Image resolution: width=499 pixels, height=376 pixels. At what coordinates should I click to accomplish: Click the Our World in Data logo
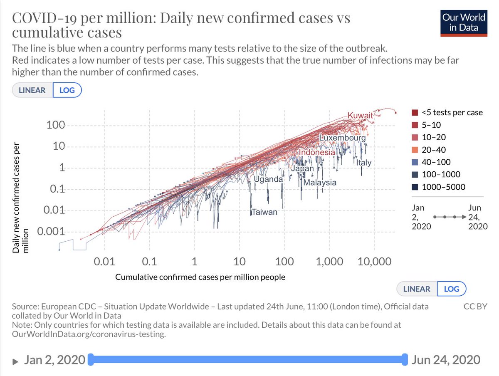click(x=463, y=22)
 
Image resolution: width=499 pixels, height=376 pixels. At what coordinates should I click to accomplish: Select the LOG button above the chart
click(x=67, y=90)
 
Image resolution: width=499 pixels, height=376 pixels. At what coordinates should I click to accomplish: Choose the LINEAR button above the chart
click(x=32, y=90)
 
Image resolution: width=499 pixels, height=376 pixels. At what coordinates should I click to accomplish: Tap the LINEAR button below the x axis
click(x=417, y=289)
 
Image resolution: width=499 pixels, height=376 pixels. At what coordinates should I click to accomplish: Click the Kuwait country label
click(x=360, y=115)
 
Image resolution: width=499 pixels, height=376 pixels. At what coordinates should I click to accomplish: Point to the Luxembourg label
click(x=342, y=137)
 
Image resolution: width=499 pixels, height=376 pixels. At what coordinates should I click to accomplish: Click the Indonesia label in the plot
click(x=316, y=153)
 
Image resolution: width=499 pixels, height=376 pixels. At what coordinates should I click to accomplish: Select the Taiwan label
click(x=264, y=212)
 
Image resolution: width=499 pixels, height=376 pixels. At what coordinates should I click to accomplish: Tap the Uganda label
click(x=268, y=179)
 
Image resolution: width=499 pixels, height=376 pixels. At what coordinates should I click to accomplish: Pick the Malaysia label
click(x=320, y=183)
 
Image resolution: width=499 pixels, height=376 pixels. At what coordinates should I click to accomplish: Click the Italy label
click(x=363, y=163)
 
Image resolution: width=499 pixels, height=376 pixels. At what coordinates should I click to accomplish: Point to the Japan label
click(x=302, y=169)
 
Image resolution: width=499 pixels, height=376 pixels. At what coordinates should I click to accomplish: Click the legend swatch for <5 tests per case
click(x=415, y=113)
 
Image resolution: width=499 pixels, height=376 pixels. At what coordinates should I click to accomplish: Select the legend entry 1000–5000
click(x=443, y=187)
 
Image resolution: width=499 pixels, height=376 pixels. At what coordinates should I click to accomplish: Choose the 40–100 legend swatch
click(x=415, y=162)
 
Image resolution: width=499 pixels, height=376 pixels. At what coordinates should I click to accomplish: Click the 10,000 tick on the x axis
click(x=374, y=262)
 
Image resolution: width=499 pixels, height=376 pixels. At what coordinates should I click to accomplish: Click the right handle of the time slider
click(x=404, y=359)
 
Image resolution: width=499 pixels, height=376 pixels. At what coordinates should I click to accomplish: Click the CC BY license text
click(x=475, y=307)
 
